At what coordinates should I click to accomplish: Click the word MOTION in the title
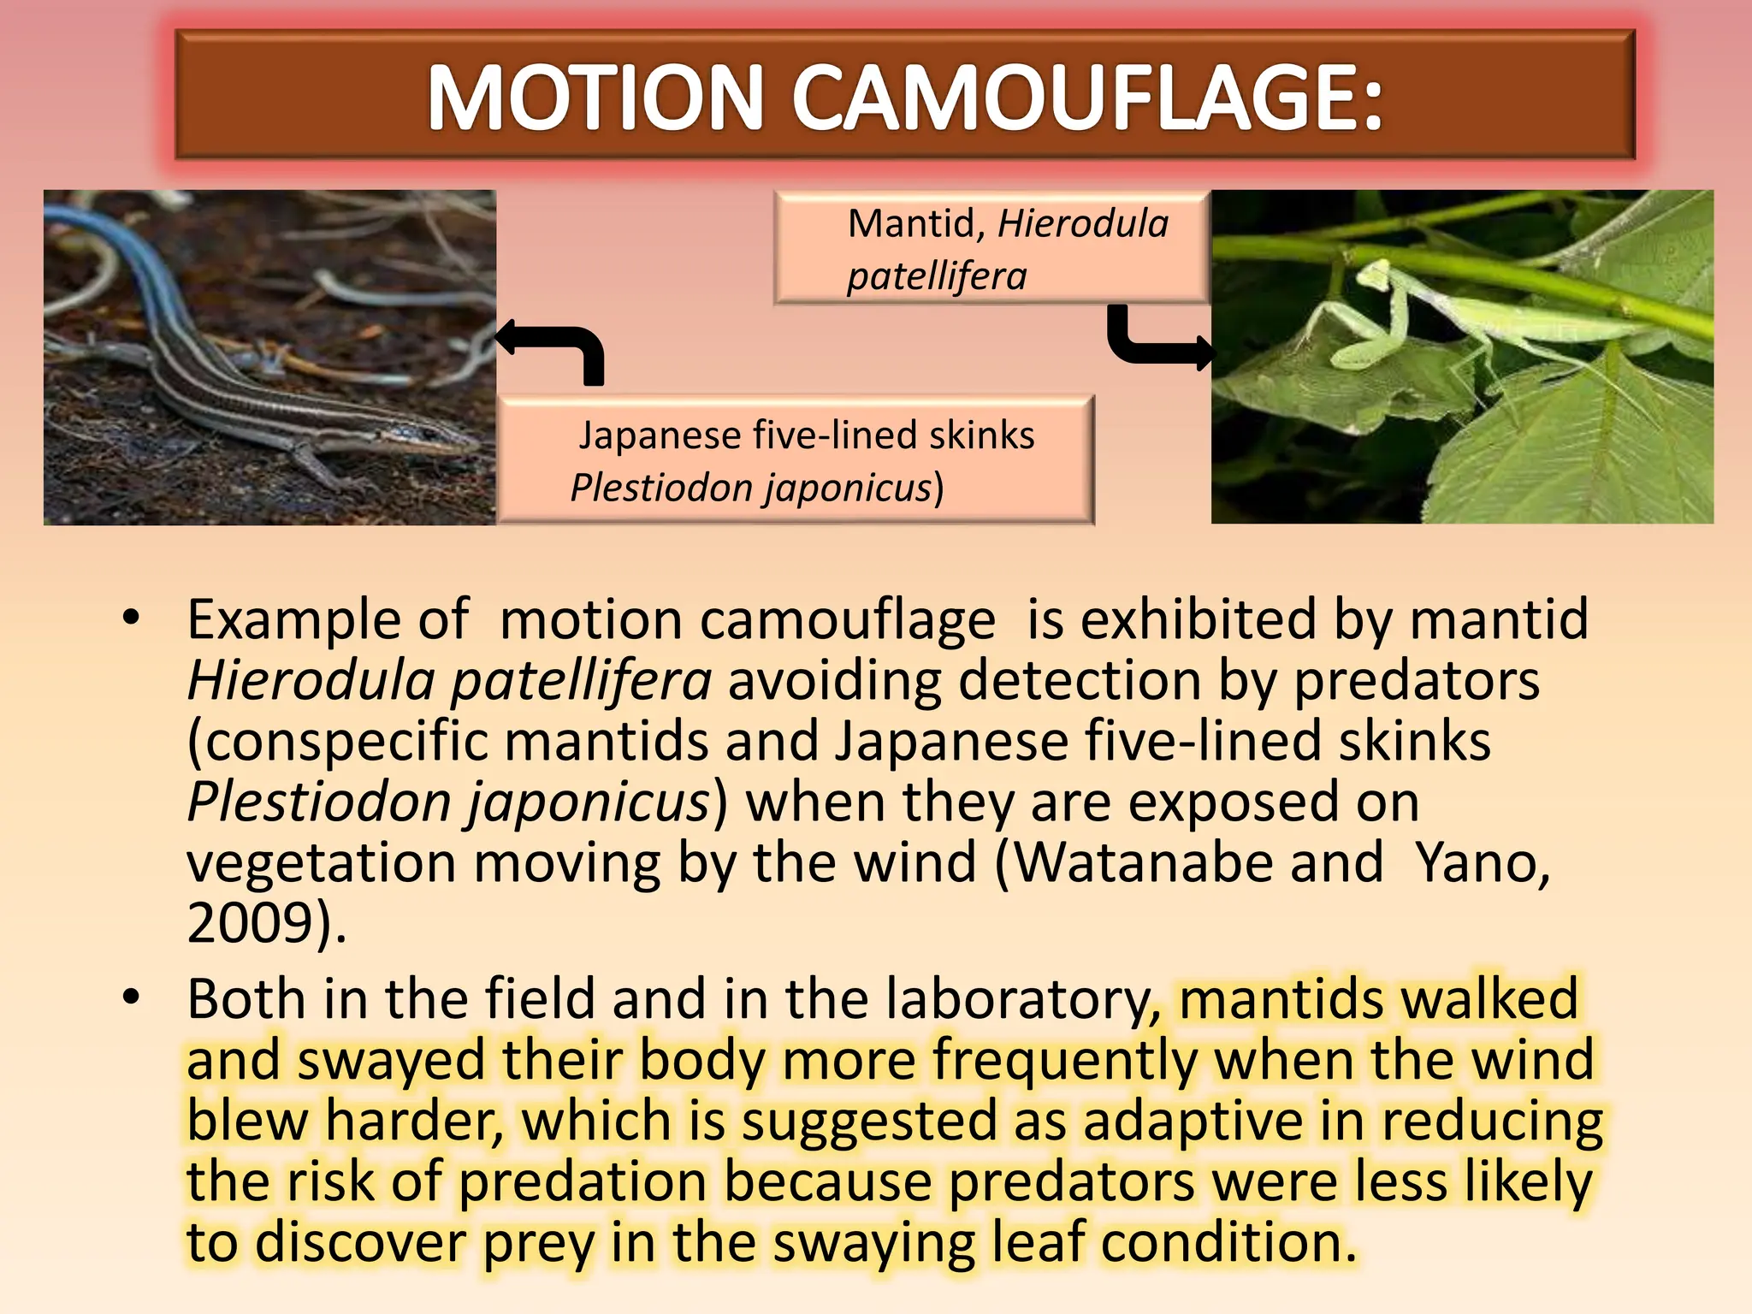595,98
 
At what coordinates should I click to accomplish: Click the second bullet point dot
130,997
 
